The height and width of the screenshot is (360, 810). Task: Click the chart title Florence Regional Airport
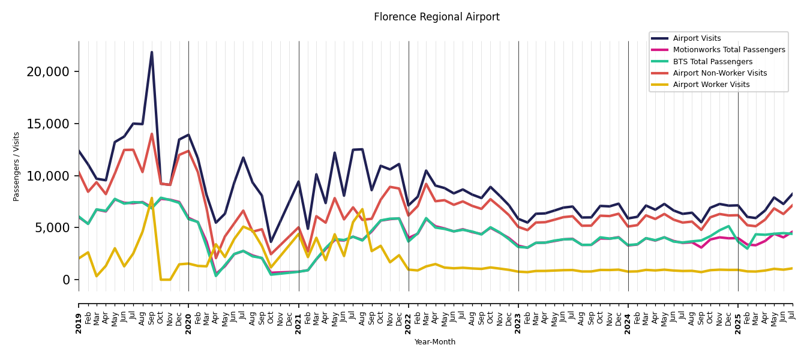pos(436,17)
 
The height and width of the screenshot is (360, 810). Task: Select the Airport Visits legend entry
pos(697,38)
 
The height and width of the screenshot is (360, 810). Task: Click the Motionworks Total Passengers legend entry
pos(728,50)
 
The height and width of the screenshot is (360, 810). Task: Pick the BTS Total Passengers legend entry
pos(712,62)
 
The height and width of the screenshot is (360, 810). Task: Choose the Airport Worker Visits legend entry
pos(711,85)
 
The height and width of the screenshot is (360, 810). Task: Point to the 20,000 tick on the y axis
pos(48,72)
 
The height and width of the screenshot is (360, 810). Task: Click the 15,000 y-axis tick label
pos(48,124)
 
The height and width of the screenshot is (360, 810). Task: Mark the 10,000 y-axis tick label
pos(48,176)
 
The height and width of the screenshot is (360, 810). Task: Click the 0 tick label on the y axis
pos(67,280)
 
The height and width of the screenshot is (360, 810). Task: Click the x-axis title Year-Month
pos(435,342)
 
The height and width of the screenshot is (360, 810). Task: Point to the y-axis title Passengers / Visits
pos(17,166)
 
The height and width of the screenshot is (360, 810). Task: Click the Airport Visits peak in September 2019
pos(152,52)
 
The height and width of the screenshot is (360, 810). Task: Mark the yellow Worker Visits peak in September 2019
pos(152,198)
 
